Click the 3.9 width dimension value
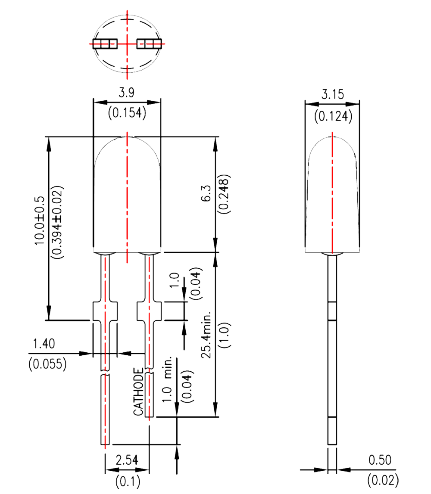[127, 93]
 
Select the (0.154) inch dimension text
[127, 113]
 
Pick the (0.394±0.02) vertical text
[56, 222]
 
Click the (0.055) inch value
[47, 364]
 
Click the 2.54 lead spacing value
[127, 460]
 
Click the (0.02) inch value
[383, 479]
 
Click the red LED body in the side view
[332, 194]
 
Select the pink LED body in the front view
[127, 194]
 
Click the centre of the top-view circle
[127, 43]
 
